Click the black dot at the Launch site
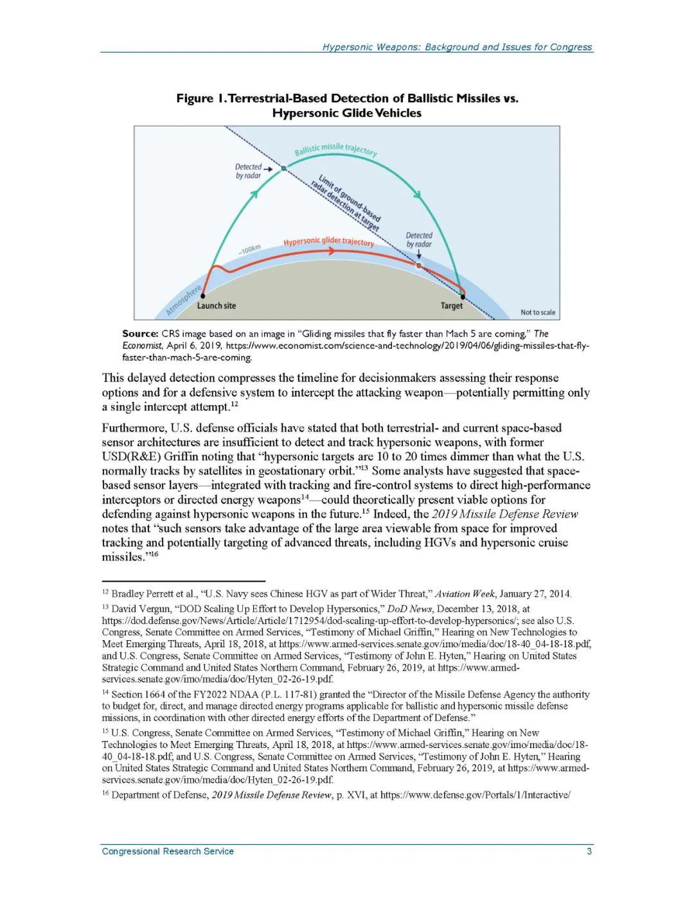[203, 296]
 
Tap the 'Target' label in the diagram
[451, 306]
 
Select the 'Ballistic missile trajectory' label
[335, 149]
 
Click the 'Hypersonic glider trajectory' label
[328, 242]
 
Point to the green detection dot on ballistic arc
[283, 168]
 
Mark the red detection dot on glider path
[419, 265]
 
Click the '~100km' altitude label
[249, 249]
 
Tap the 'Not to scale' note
[538, 313]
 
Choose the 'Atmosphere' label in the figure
[184, 300]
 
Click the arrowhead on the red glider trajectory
[332, 251]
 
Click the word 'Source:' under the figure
[140, 334]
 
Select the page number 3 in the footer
[589, 851]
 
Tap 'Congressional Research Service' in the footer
[168, 851]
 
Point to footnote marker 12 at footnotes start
[105, 592]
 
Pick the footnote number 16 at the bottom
[105, 794]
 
